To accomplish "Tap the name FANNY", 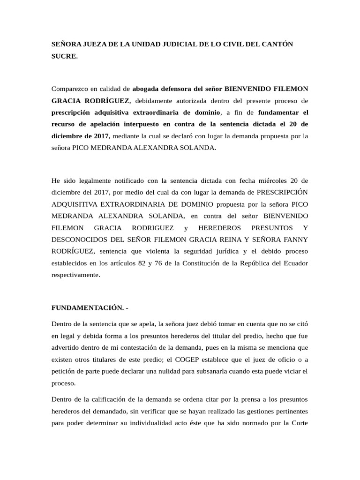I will (x=297, y=240).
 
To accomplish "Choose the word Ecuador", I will (x=295, y=263).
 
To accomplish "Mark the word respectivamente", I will (x=75, y=275).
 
